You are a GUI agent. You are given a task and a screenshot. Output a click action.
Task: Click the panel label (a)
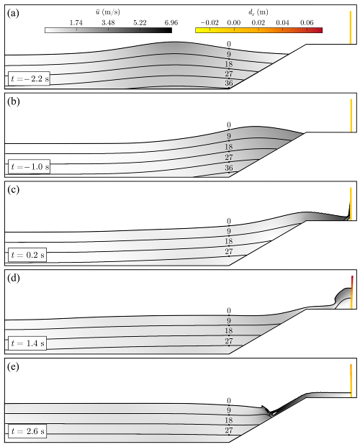pyautogui.click(x=14, y=14)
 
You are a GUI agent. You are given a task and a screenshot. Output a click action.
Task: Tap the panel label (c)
pyautogui.click(x=14, y=189)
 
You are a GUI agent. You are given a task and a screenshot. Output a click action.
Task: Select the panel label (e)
pyautogui.click(x=14, y=366)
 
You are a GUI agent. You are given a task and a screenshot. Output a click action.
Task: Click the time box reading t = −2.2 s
pyautogui.click(x=29, y=78)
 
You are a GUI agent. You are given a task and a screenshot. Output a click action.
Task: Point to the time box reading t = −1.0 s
pyautogui.click(x=29, y=166)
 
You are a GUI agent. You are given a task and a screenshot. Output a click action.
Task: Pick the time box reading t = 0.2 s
pyautogui.click(x=27, y=255)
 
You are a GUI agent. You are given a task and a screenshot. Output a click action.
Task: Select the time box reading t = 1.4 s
pyautogui.click(x=27, y=343)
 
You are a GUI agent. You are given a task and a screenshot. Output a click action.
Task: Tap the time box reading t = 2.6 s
pyautogui.click(x=27, y=431)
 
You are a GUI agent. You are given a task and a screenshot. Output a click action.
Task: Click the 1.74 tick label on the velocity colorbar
pyautogui.click(x=76, y=23)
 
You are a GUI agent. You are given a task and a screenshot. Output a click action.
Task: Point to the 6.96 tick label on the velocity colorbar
pyautogui.click(x=171, y=23)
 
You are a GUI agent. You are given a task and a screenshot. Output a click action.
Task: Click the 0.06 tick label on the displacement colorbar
pyautogui.click(x=307, y=23)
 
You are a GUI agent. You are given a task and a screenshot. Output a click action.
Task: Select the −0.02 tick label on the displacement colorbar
pyautogui.click(x=210, y=23)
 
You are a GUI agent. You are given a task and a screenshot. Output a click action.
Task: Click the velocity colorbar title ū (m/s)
pyautogui.click(x=108, y=12)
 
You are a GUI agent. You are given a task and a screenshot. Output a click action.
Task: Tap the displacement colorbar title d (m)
pyautogui.click(x=258, y=12)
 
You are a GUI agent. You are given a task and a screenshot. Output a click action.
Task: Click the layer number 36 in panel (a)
pyautogui.click(x=229, y=83)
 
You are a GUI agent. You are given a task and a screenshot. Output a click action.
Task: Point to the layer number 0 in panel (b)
pyautogui.click(x=229, y=125)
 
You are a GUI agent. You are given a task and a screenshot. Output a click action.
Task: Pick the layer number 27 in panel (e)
pyautogui.click(x=229, y=430)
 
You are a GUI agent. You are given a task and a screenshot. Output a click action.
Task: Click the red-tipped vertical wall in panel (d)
pyautogui.click(x=352, y=292)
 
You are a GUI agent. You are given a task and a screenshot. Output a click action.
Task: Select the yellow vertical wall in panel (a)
pyautogui.click(x=351, y=27)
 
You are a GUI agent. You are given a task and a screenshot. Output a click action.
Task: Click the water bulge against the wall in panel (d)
pyautogui.click(x=342, y=297)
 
